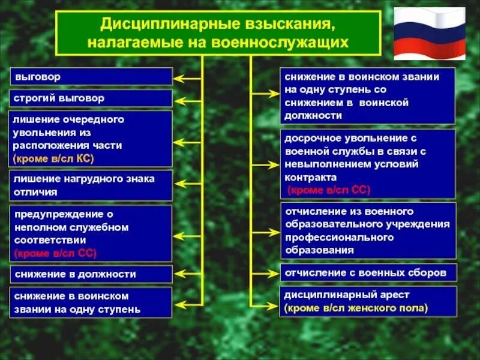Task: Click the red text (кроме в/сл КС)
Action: pos(54,158)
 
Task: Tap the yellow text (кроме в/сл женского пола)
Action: pos(356,308)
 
